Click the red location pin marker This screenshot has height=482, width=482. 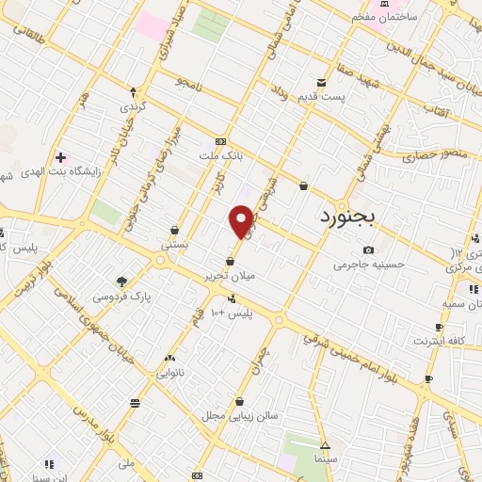pos(242,222)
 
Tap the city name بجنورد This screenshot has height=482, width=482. pos(347,217)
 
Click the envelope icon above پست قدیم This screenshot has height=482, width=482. pos(322,83)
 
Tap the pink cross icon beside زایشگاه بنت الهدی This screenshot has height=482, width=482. pos(61,157)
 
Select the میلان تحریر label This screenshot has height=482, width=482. pos(231,277)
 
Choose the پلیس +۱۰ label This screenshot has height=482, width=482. pos(231,312)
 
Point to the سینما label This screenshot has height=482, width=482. pos(325,460)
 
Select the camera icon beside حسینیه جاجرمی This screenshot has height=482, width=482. pos(368,249)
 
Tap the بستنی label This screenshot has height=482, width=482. pos(175,244)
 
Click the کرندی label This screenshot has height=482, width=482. pos(134,107)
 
